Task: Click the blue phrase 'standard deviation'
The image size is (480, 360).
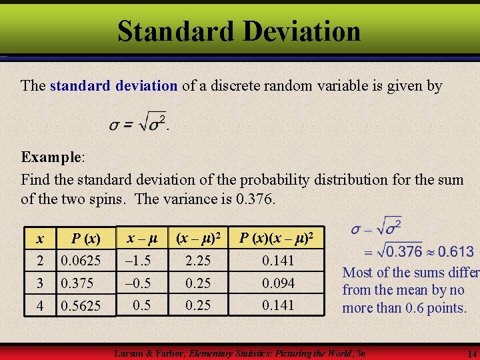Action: (x=113, y=86)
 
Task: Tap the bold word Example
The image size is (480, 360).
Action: (x=51, y=157)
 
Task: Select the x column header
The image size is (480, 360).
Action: (x=41, y=239)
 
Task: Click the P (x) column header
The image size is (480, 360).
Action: (x=85, y=239)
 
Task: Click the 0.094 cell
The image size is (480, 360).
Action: (x=278, y=283)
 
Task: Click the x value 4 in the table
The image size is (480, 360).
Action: (x=41, y=306)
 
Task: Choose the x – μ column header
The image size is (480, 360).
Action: (x=142, y=237)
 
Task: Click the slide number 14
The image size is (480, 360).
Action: (x=472, y=353)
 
